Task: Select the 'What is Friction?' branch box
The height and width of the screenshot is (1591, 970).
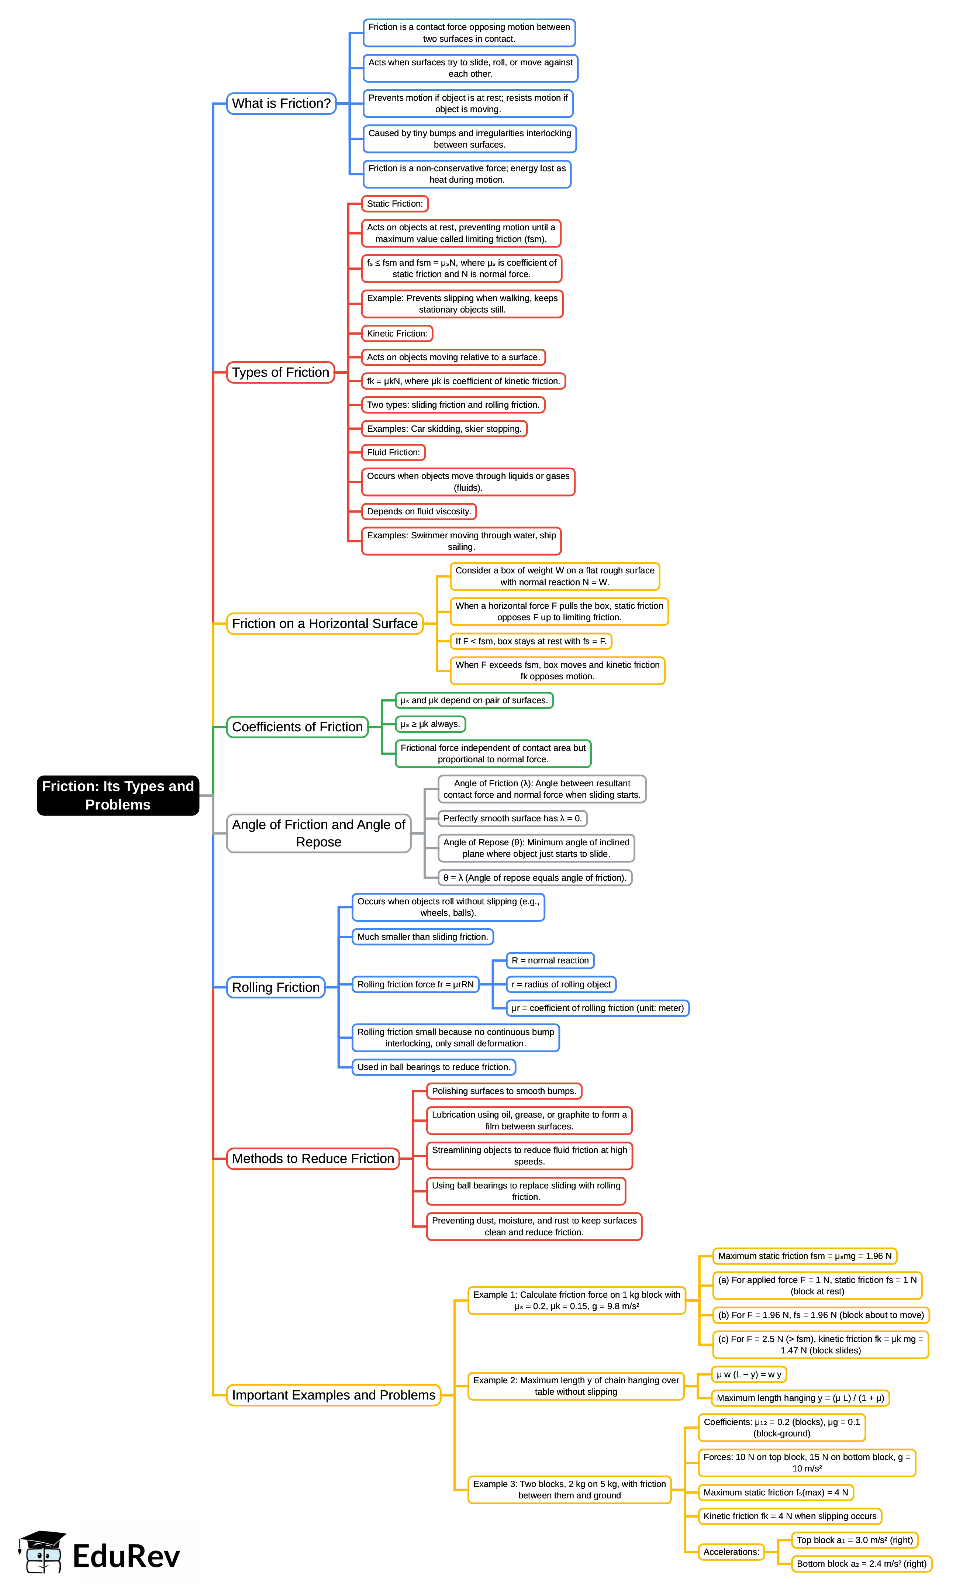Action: click(x=281, y=103)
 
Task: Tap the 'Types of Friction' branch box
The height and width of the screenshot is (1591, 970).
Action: click(x=280, y=373)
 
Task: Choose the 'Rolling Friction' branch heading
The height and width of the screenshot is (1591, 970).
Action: click(x=276, y=987)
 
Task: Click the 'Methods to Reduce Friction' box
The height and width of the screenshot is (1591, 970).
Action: click(x=313, y=1159)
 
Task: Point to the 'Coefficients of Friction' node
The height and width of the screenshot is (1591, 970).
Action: click(x=297, y=727)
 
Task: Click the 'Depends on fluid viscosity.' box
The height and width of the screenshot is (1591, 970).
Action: click(x=418, y=511)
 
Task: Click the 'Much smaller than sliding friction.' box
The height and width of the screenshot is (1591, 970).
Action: click(x=422, y=937)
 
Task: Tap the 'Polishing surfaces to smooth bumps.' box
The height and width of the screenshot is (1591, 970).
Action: click(x=504, y=1091)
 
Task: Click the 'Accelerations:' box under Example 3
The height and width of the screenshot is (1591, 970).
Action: click(x=731, y=1552)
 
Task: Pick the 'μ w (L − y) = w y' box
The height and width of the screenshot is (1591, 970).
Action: click(x=749, y=1374)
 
